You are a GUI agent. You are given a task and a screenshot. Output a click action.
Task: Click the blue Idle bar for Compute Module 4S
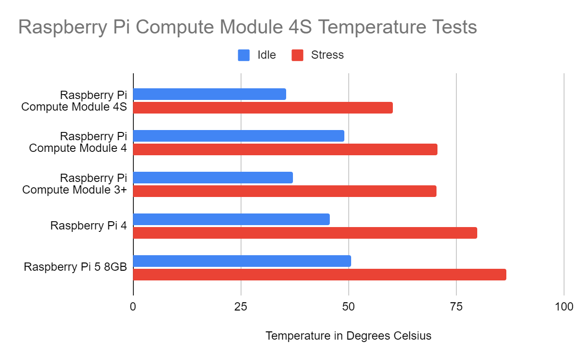(x=210, y=94)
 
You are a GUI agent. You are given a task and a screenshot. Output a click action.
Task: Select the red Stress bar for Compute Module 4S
(x=263, y=108)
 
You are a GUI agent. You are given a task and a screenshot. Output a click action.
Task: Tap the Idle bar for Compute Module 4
(x=239, y=136)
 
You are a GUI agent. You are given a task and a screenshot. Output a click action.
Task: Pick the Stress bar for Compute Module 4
(x=285, y=149)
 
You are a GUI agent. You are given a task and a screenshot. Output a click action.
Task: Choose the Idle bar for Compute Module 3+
(x=213, y=178)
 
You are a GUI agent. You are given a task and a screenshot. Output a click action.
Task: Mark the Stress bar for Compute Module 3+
(x=285, y=191)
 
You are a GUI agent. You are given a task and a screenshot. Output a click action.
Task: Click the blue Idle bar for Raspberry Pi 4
(x=231, y=219)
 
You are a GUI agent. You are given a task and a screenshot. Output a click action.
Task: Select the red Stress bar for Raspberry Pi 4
(x=305, y=233)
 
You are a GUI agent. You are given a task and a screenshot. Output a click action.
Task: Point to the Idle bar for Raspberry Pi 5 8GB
(x=242, y=261)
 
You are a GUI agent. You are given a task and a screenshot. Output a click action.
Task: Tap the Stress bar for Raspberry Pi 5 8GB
(x=320, y=275)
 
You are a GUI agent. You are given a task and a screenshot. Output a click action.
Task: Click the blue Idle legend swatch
(x=243, y=55)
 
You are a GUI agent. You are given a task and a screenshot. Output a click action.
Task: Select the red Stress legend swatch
(x=297, y=55)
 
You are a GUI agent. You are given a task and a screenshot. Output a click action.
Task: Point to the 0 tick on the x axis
(x=133, y=307)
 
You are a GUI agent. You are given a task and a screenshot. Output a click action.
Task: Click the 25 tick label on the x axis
(x=241, y=307)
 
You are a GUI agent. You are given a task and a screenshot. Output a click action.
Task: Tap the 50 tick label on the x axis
(x=349, y=307)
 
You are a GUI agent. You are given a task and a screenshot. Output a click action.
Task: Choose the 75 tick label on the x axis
(x=456, y=307)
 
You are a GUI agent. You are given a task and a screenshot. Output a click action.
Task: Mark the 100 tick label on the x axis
(x=564, y=307)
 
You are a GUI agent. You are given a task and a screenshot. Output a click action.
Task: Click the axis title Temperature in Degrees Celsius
(x=348, y=336)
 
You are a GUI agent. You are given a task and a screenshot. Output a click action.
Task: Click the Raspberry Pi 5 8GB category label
(x=75, y=267)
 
